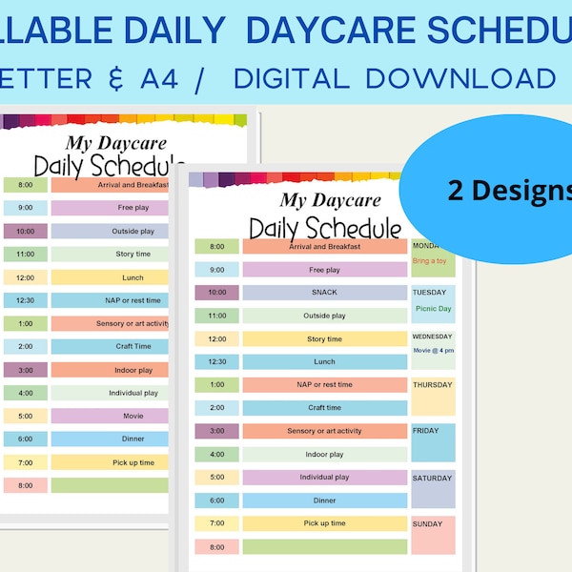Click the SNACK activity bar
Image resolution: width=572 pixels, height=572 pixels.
point(324,293)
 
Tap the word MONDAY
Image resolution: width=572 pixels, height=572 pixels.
point(426,246)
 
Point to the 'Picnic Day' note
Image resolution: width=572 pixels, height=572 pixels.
point(432,308)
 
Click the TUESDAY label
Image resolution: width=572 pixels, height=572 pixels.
point(429,293)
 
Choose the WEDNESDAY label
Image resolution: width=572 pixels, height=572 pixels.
point(433,337)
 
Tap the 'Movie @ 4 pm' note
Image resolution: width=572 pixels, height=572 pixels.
point(433,351)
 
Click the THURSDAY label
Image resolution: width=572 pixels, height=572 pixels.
point(432,385)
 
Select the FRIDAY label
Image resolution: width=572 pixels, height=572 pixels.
point(425,431)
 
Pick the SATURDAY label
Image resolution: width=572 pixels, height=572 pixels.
point(431,478)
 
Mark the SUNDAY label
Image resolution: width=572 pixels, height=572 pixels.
point(427,523)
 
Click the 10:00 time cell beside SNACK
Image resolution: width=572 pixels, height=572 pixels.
point(217,293)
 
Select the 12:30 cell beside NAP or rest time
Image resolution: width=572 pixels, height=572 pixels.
point(25,300)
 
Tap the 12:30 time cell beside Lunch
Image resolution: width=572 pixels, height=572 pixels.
point(217,362)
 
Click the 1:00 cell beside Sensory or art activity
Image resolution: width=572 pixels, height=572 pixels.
point(25,323)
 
